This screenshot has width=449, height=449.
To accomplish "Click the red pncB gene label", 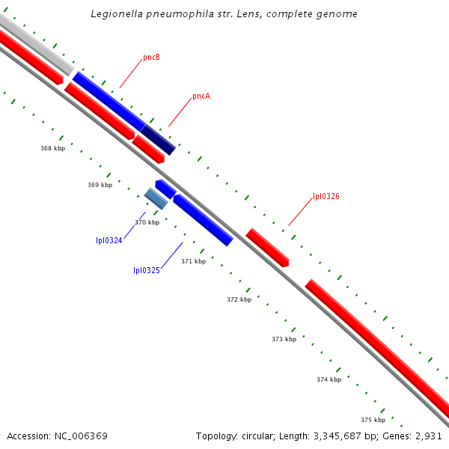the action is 152,58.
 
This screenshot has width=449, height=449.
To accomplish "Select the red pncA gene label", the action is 201,96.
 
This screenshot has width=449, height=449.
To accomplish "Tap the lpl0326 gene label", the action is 326,196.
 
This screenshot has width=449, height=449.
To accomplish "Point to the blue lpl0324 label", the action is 109,240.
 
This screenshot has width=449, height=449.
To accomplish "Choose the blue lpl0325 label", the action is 147,270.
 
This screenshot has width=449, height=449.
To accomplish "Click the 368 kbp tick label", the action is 52,148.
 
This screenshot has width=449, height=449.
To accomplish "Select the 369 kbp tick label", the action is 100,185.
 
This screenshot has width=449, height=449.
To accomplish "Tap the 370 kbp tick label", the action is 147,222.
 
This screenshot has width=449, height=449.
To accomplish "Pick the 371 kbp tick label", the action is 193,261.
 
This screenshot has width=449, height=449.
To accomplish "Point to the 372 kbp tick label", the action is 239,299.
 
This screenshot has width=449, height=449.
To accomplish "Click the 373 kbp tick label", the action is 284,339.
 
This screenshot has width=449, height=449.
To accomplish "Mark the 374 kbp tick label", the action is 329,379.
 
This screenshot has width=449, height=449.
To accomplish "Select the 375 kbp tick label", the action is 373,420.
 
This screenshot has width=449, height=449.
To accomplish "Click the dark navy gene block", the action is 158,140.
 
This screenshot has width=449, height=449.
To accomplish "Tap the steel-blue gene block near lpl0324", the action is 156,198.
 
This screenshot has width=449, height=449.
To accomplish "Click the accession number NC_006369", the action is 82,436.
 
